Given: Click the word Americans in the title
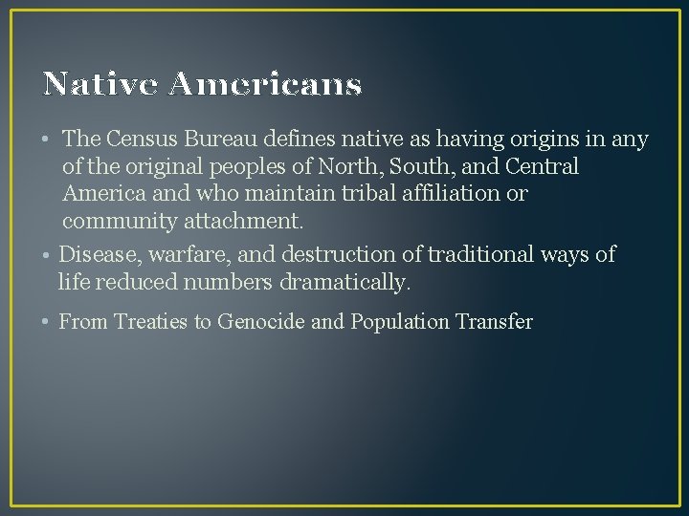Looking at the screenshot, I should pos(266,85).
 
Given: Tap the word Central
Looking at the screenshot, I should pos(543,167).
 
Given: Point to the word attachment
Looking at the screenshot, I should pos(243,223).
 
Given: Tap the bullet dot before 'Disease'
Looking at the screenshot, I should pos(47,256).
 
